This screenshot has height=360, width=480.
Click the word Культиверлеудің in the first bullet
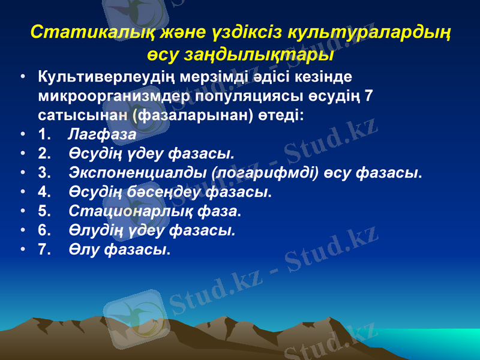pyautogui.click(x=107, y=77)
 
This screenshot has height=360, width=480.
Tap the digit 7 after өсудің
pyautogui.click(x=369, y=95)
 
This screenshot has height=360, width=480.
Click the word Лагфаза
pyautogui.click(x=102, y=133)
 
